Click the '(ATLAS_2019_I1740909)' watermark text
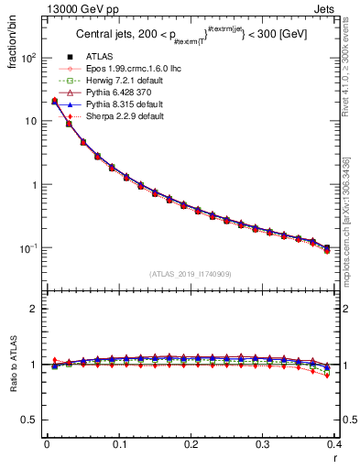[190, 274]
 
